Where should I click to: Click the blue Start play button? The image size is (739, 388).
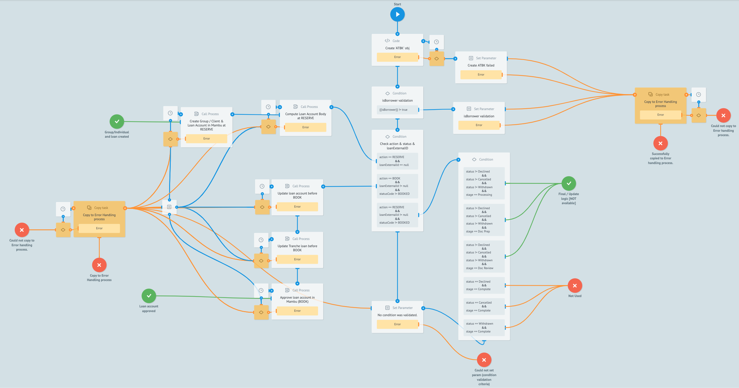397,14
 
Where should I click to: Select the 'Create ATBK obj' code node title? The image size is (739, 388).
397,48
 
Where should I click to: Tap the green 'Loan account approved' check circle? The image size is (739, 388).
149,296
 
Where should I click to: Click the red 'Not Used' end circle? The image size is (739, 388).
575,286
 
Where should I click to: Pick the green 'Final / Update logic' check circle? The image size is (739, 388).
569,183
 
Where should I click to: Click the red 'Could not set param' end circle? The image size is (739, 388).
484,360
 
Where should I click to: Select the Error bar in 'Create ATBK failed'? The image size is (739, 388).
481,75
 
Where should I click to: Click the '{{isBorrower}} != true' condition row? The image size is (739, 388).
397,110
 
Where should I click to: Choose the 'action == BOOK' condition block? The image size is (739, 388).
397,186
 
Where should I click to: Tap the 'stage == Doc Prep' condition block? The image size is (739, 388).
484,220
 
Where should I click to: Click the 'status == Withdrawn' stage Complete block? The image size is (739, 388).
484,327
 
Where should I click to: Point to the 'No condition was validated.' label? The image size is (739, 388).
397,315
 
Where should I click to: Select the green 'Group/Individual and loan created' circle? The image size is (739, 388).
117,122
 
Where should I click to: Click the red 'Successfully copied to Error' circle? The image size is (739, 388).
660,143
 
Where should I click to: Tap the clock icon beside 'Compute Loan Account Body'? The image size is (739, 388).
268,107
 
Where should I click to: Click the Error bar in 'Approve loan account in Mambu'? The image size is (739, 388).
297,311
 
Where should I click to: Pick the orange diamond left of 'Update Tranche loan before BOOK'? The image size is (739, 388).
261,261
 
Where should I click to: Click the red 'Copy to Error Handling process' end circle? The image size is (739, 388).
99,265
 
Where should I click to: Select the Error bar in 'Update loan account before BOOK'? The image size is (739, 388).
297,207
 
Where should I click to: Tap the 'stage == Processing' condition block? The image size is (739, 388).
484,183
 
